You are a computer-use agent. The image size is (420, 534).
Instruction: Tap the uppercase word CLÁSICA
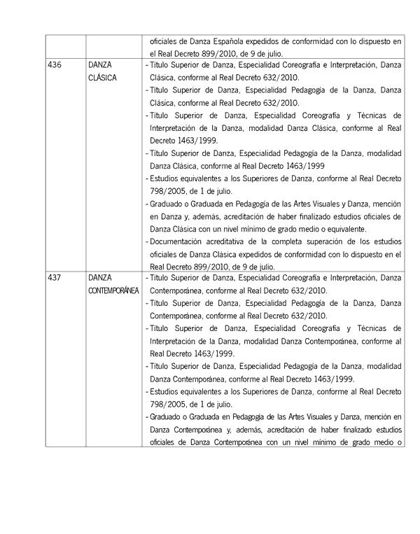103,78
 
